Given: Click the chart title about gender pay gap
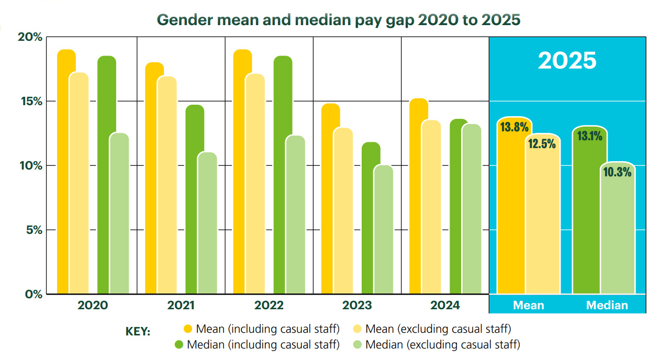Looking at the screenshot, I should pos(339,19).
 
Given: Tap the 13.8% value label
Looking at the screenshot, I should pos(515,127).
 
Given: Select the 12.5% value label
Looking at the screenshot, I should pos(542,143).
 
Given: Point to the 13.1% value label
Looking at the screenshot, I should pos(589,136).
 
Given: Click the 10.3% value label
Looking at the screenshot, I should pos(617,172).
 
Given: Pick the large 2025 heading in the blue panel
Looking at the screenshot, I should pos(567,61).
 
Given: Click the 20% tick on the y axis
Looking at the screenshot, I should pos(30,37).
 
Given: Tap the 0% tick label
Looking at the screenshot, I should pos(33,294).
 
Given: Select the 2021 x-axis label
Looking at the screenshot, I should pos(181,306).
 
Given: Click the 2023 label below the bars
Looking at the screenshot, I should pos(357,306).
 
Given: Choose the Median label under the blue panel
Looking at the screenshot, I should pos(607,306).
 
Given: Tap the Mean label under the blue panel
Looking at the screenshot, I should pos(529,306).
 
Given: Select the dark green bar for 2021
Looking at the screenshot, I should pos(195,199).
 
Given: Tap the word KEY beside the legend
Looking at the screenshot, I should pos(138,332).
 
